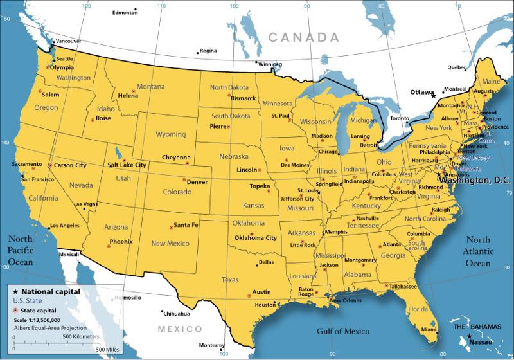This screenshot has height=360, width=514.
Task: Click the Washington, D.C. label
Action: pyautogui.click(x=473, y=181)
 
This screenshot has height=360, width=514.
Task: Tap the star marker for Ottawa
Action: pyautogui.click(x=434, y=95)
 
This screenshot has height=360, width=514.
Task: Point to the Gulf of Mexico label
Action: pyautogui.click(x=343, y=332)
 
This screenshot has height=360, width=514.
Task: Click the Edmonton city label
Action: pyautogui.click(x=125, y=12)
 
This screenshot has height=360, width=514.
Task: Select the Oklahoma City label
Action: pyautogui.click(x=256, y=237)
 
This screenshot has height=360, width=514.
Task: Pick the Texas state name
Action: pyautogui.click(x=229, y=280)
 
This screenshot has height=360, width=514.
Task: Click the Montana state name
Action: pyautogui.click(x=150, y=87)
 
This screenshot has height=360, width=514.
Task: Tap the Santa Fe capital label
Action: pyautogui.click(x=186, y=225)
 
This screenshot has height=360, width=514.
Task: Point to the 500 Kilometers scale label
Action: pyautogui.click(x=81, y=336)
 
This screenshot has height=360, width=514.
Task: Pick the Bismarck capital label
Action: pyautogui.click(x=243, y=98)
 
